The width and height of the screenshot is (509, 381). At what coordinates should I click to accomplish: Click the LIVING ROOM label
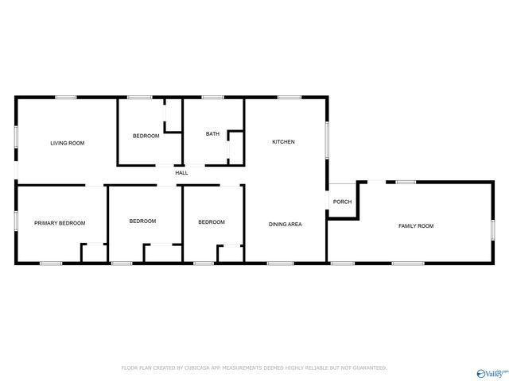pyautogui.click(x=67, y=143)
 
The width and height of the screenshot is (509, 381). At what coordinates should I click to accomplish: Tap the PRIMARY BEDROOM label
pyautogui.click(x=60, y=223)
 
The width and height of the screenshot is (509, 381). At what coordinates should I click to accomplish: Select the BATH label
pyautogui.click(x=212, y=134)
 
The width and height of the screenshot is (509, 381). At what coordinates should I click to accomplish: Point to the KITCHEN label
pyautogui.click(x=283, y=142)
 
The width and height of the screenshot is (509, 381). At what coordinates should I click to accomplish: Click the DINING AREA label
pyautogui.click(x=285, y=224)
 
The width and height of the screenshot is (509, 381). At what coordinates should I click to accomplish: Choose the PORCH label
pyautogui.click(x=342, y=202)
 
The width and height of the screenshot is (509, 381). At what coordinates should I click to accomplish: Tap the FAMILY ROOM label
pyautogui.click(x=416, y=226)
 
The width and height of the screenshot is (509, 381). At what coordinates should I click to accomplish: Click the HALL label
pyautogui.click(x=181, y=173)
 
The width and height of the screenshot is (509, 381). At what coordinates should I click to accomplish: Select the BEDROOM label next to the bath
pyautogui.click(x=146, y=136)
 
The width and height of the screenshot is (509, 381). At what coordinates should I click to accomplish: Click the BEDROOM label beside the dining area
pyautogui.click(x=212, y=221)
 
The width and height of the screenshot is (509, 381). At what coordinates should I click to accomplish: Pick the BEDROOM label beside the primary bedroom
pyautogui.click(x=142, y=221)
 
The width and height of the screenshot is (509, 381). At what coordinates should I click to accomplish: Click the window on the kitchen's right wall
pyautogui.click(x=327, y=138)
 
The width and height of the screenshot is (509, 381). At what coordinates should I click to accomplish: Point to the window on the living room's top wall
pyautogui.click(x=66, y=97)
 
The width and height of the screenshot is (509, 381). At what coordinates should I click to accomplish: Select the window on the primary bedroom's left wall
pyautogui.click(x=16, y=220)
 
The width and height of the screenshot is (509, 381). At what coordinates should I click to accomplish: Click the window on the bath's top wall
pyautogui.click(x=212, y=97)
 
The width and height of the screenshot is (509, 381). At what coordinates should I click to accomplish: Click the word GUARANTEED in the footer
pyautogui.click(x=365, y=368)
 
